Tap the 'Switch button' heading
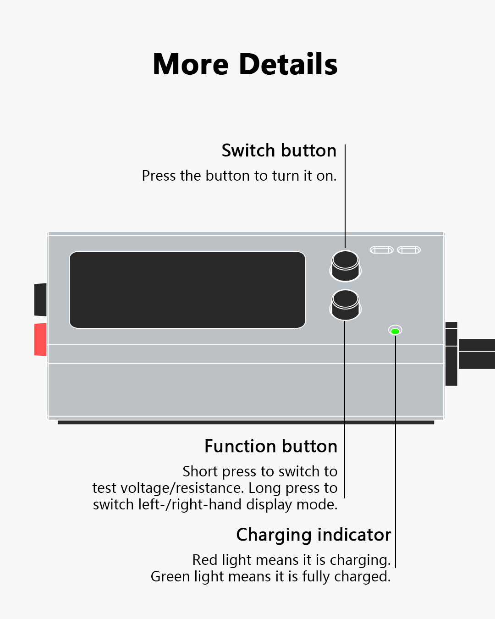(x=279, y=150)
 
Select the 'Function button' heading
(x=271, y=446)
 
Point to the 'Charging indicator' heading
(x=313, y=535)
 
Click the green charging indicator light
(x=395, y=332)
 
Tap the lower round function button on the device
(x=346, y=305)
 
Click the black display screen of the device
(x=187, y=290)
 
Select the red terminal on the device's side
(x=40, y=339)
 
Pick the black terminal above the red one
(x=40, y=300)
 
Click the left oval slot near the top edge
(x=381, y=250)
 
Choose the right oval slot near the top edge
(x=409, y=250)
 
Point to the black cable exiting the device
(x=477, y=354)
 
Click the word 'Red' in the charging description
(x=204, y=560)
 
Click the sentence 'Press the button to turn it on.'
(x=239, y=176)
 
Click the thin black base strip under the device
(x=246, y=422)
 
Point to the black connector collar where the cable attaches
(x=451, y=354)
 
